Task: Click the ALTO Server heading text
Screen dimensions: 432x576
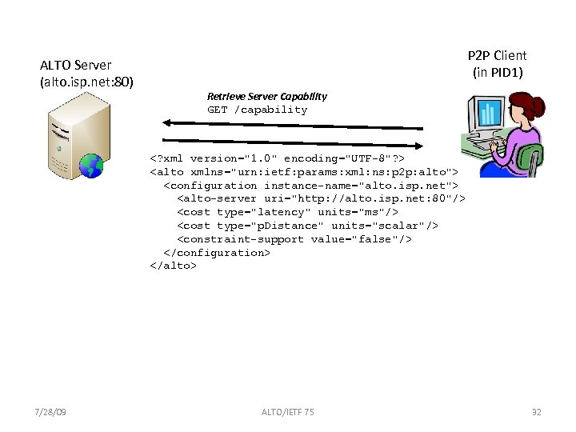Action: click(76, 65)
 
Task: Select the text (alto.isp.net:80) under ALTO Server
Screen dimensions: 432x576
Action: click(86, 82)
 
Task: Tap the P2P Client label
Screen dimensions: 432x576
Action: click(497, 55)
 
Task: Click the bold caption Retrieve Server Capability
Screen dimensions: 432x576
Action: click(266, 96)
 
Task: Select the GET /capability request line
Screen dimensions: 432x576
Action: click(257, 110)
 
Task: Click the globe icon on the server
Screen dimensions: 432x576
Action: click(93, 166)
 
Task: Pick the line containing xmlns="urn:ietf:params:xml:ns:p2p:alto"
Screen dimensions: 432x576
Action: click(304, 172)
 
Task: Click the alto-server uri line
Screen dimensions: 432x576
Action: click(321, 198)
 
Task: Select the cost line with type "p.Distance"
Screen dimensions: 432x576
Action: click(307, 226)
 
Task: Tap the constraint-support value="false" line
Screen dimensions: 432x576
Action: click(294, 239)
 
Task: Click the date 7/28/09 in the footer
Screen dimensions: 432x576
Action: click(51, 412)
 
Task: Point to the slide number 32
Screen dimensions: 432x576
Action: click(536, 412)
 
